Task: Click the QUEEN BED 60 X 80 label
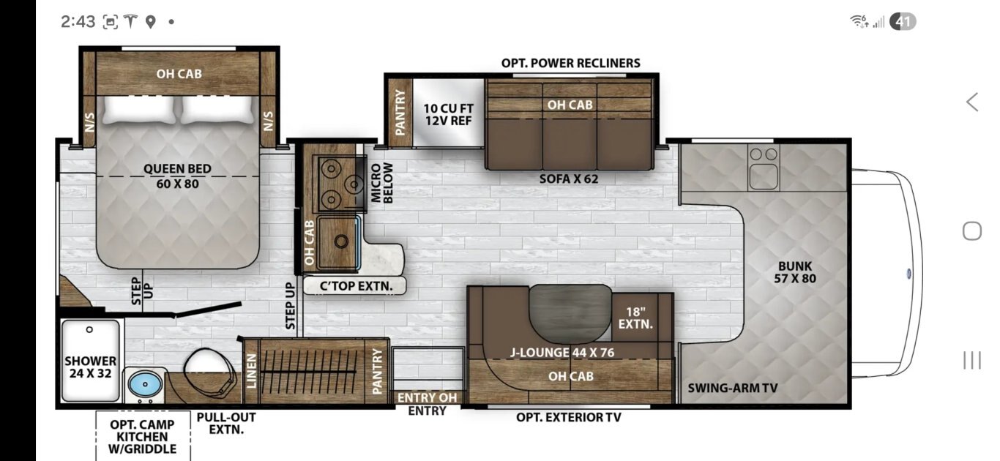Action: [177, 176]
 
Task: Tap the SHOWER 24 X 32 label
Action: [90, 367]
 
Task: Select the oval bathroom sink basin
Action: [143, 383]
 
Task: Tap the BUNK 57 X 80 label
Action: [794, 272]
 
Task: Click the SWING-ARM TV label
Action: [732, 388]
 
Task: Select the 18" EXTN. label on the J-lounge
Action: [635, 317]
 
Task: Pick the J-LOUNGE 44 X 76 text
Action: [561, 353]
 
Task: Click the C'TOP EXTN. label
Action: [354, 286]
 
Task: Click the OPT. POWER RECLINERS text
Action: [570, 63]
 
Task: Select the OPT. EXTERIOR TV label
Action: [568, 418]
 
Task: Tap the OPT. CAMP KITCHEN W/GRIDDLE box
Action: [143, 436]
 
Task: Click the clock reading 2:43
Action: [78, 22]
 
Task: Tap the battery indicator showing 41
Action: [903, 22]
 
